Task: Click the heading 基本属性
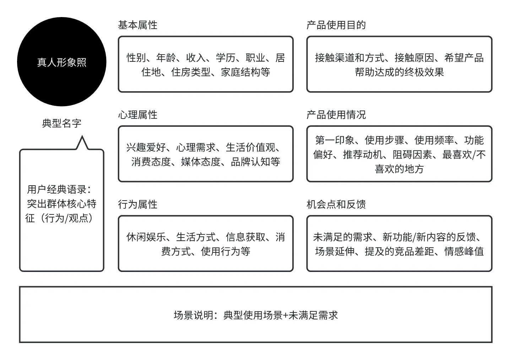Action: pyautogui.click(x=137, y=25)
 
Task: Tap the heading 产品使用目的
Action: pyautogui.click(x=336, y=25)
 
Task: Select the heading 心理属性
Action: pyautogui.click(x=137, y=115)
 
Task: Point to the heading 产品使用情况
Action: pyautogui.click(x=336, y=115)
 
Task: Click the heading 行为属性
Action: pyautogui.click(x=137, y=204)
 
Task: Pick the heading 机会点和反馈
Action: pyautogui.click(x=336, y=204)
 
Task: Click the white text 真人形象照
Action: pyautogui.click(x=62, y=62)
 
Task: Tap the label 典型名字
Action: pyautogui.click(x=62, y=123)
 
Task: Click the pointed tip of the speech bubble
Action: pyautogui.click(x=82, y=136)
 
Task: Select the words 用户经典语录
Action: pyautogui.click(x=57, y=189)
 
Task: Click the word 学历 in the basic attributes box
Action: pyautogui.click(x=226, y=58)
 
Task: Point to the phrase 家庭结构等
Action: pyautogui.click(x=245, y=72)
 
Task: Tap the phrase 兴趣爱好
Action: pyautogui.click(x=146, y=147)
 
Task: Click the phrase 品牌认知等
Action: pyautogui.click(x=255, y=162)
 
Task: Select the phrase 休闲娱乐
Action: pyautogui.click(x=146, y=237)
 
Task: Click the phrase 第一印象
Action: pyautogui.click(x=335, y=140)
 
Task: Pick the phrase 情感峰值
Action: pyautogui.click(x=464, y=251)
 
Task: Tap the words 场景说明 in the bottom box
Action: pyautogui.click(x=193, y=315)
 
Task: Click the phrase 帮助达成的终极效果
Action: pyautogui.click(x=399, y=72)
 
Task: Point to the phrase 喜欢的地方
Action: pyautogui.click(x=399, y=169)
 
